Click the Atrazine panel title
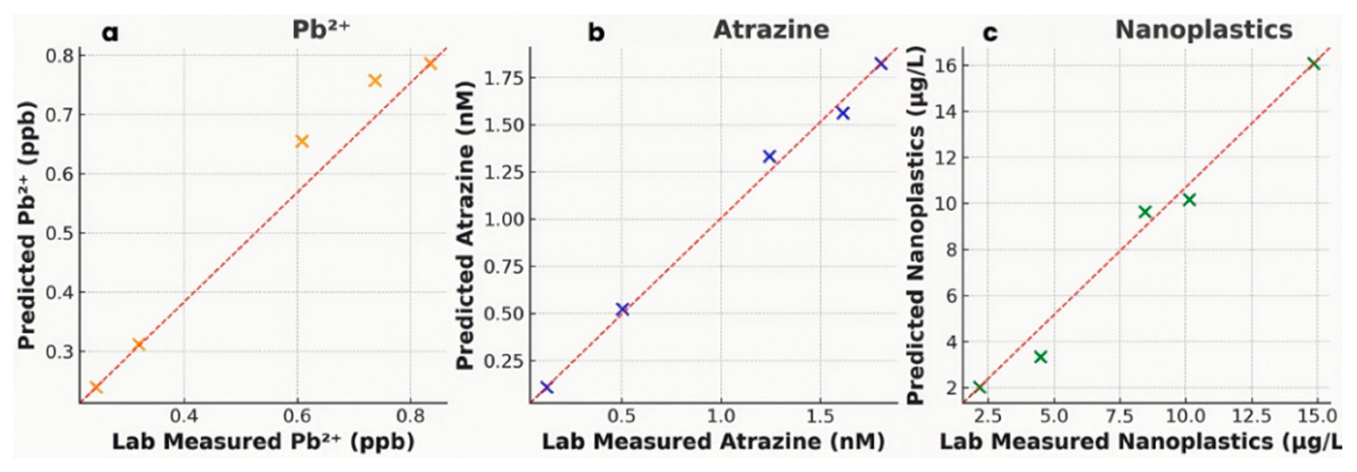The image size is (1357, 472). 771,29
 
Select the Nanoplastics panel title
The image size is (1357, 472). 1204,29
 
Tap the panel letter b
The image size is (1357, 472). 596,33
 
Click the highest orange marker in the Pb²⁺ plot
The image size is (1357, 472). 431,64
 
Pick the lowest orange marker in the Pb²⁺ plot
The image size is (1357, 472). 95,388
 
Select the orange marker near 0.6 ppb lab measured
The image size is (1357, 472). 302,141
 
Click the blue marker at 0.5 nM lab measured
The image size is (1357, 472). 622,310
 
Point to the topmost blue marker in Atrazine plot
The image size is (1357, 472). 881,64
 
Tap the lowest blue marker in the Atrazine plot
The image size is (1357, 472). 546,388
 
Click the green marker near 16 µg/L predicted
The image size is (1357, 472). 1313,64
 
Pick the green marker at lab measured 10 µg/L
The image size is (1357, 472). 1189,200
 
